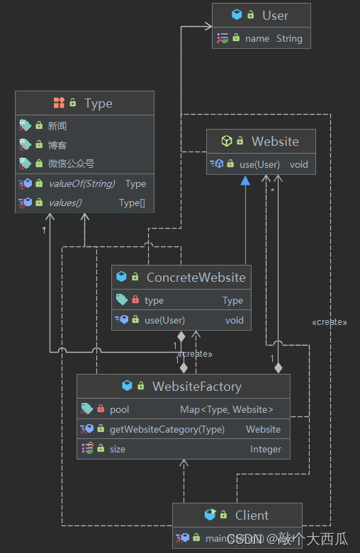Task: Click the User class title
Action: pos(275,15)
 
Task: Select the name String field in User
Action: pos(273,38)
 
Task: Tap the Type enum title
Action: pos(98,103)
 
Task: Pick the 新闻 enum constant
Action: pos(57,126)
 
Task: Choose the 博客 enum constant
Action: pos(57,144)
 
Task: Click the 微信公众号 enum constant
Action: pos(71,164)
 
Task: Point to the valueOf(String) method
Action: pos(82,183)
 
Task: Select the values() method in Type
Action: pos(64,203)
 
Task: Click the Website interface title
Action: pos(275,141)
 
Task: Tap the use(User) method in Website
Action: pos(259,164)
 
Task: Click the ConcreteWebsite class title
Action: pos(196,278)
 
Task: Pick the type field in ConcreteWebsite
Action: pos(154,300)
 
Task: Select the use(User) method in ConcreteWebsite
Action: pos(164,320)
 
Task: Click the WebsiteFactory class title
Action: pos(196,387)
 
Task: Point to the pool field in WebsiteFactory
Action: pos(119,409)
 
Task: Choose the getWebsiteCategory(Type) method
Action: pos(167,429)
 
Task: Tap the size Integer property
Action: pos(117,449)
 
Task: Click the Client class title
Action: pos(252,515)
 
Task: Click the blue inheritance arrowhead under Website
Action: pos(245,180)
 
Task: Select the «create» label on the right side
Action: pos(329,322)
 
